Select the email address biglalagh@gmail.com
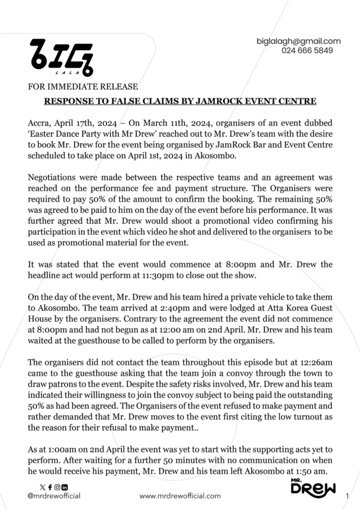tap(298, 41)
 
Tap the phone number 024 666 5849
tap(307, 50)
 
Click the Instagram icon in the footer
tap(57, 487)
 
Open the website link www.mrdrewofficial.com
tap(180, 496)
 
